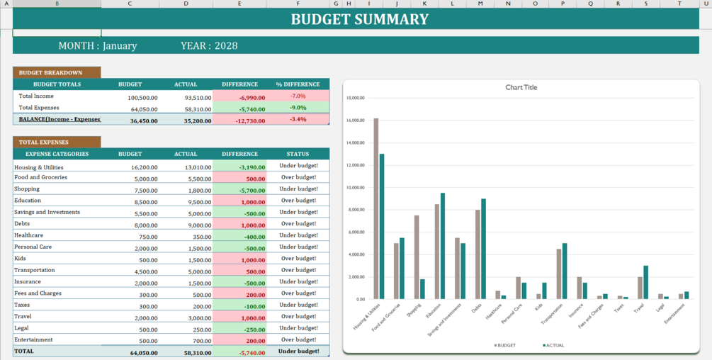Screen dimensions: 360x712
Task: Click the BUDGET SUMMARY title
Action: click(359, 19)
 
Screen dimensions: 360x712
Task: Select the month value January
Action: click(120, 46)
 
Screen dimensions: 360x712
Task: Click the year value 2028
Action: click(226, 46)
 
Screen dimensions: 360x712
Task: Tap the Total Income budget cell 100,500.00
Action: click(142, 98)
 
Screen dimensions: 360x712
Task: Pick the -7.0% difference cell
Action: click(298, 96)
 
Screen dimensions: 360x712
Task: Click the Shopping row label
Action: click(27, 189)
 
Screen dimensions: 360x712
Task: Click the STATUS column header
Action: click(298, 154)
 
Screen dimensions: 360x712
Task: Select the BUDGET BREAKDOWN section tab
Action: click(50, 72)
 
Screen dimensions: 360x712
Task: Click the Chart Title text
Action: click(521, 88)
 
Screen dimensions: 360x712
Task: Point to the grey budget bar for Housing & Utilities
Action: click(376, 208)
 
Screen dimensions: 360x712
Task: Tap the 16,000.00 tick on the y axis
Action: click(355, 120)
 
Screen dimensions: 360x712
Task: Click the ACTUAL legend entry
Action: click(553, 345)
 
